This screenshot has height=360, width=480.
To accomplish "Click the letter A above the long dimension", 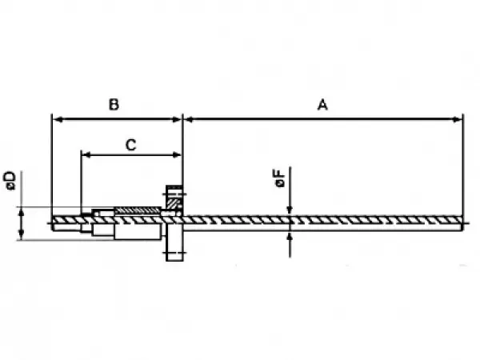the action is (322, 105).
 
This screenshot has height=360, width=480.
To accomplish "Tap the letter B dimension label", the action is (114, 104).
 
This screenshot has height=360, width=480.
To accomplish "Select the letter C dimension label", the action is (130, 145).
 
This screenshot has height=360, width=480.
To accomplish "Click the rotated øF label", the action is (279, 178).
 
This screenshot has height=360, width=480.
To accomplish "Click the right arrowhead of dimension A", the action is (457, 119).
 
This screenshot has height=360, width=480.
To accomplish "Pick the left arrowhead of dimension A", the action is (189, 119).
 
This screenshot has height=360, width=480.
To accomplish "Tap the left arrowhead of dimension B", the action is (58, 119).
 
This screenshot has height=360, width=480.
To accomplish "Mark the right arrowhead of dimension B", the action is (177, 119).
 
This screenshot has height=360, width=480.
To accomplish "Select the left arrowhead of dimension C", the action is (87, 155).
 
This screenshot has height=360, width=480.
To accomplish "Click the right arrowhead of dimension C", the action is (177, 155).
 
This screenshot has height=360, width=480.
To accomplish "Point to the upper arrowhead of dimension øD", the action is (21, 212).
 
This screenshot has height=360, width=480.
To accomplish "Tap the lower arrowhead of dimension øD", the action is (21, 235).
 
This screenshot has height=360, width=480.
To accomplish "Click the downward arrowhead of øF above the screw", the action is (290, 210).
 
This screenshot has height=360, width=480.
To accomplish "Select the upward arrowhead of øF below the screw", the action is (290, 236).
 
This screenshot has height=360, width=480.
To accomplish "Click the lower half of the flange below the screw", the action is (174, 246).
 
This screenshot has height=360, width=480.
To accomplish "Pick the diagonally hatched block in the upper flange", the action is (172, 204).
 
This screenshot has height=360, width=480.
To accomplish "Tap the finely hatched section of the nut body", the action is (138, 210).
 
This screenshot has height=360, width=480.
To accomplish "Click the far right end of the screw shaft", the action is (462, 223).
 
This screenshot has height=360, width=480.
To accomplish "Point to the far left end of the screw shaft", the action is (53, 223).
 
